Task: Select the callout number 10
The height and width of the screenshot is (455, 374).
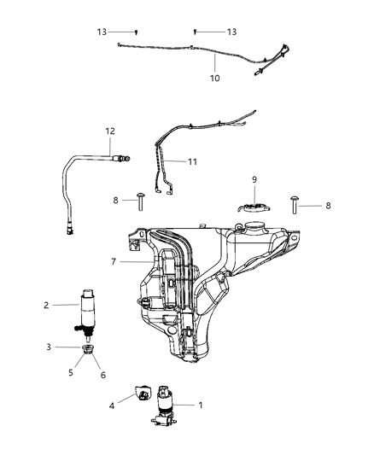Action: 214,79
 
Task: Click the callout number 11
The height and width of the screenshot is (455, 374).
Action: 194,160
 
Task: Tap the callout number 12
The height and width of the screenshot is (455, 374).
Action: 109,131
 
